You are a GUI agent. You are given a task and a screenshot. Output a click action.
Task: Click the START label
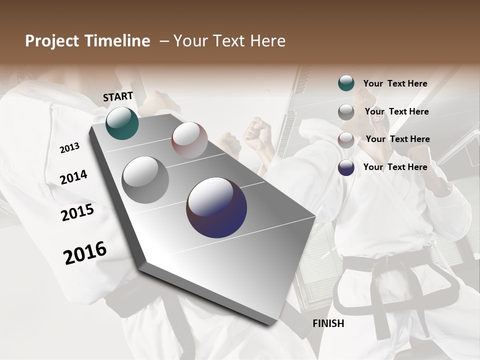click(x=118, y=96)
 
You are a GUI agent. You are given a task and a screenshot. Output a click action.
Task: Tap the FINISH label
click(x=328, y=323)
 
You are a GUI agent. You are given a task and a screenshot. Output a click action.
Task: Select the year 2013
click(x=69, y=148)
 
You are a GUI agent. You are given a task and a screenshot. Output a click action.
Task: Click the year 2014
click(x=73, y=177)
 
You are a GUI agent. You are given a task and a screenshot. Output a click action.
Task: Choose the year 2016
click(x=85, y=253)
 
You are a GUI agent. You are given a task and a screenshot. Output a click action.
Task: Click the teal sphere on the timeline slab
click(x=122, y=123)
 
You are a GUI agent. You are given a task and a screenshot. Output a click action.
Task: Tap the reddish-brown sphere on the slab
click(x=189, y=140)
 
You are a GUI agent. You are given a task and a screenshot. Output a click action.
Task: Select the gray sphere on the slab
click(x=145, y=180)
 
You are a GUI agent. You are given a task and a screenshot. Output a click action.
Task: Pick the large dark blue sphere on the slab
click(x=216, y=207)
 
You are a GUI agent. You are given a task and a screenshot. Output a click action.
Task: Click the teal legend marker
click(x=346, y=83)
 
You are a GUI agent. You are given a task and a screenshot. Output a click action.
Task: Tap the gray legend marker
click(x=346, y=111)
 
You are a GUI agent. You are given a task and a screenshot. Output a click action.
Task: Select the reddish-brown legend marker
click(x=346, y=139)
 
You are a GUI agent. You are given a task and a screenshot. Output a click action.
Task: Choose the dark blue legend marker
click(x=346, y=167)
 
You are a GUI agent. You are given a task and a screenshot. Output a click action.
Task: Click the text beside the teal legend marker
click(x=395, y=83)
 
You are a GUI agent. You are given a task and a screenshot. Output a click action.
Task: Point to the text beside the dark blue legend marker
click(x=395, y=167)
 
